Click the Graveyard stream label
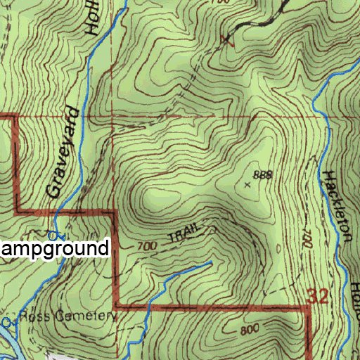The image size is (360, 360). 61,151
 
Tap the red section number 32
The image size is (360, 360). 318,296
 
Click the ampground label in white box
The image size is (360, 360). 55,248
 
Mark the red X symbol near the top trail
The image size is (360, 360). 226,39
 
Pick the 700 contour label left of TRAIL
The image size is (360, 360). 146,246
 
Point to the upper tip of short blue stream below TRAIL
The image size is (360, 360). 210,264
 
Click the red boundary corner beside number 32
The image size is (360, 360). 308,307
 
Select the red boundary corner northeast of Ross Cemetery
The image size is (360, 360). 116,306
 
